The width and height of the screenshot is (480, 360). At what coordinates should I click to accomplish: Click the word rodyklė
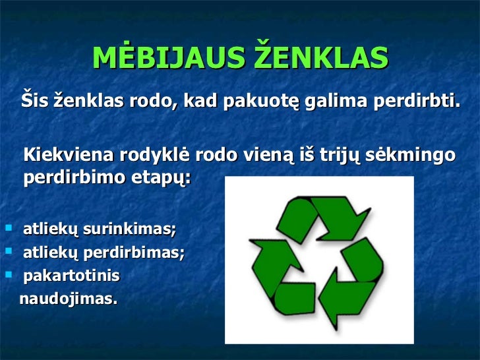click(156, 156)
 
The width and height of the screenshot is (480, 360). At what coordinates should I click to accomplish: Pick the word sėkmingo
click(410, 156)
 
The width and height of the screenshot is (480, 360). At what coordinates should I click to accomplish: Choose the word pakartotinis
click(72, 274)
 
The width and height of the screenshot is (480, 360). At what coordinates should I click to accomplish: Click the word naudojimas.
click(69, 299)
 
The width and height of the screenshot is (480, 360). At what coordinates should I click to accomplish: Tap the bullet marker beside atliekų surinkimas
click(8, 229)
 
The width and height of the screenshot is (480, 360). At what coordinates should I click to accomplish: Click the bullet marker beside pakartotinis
click(8, 273)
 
